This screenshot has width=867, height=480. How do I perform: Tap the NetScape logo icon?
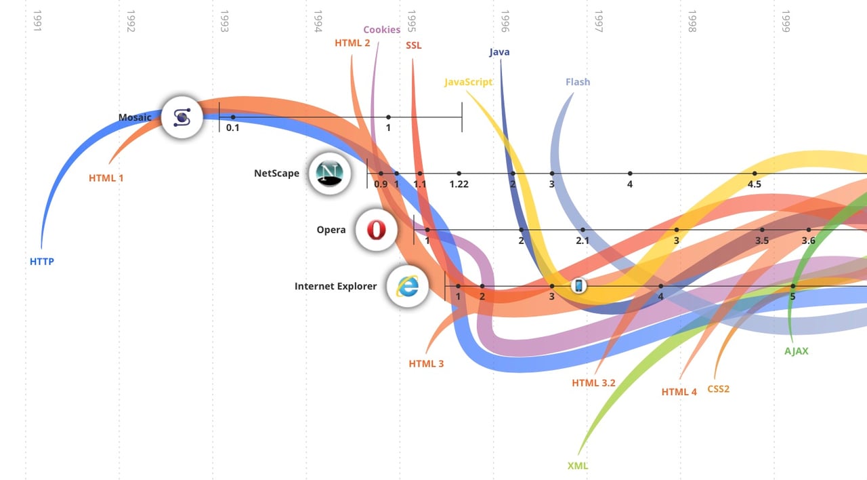330,174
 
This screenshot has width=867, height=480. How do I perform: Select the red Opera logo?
376,230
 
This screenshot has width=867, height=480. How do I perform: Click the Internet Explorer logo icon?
407,286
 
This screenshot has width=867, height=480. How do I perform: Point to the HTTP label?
41,262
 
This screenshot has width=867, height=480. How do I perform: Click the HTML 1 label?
106,178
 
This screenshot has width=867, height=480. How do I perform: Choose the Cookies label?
381,30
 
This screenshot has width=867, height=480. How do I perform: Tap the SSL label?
413,45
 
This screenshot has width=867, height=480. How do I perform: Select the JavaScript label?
468,82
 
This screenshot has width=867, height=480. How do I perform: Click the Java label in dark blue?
499,52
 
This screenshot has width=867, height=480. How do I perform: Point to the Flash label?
578,82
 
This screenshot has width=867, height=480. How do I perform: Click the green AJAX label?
796,351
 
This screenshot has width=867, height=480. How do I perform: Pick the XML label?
578,466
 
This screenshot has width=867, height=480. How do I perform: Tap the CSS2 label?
718,389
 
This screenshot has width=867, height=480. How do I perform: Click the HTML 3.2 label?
593,383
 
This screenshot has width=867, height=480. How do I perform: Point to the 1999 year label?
786,21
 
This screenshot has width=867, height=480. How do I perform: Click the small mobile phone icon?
578,286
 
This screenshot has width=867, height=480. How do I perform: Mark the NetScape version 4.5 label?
754,184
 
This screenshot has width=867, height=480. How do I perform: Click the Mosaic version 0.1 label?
232,127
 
